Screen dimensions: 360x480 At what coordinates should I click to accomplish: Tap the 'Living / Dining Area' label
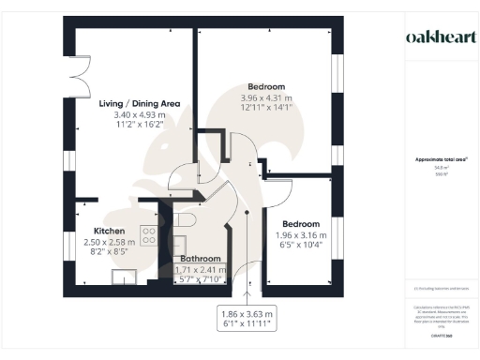140,103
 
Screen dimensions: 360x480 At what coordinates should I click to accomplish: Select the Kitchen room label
110,230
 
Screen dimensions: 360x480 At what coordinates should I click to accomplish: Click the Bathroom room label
201,259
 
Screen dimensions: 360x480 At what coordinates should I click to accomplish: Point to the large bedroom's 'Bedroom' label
265,86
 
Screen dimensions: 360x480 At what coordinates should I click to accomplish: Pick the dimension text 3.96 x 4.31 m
265,97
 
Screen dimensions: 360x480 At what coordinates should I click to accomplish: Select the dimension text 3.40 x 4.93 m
140,114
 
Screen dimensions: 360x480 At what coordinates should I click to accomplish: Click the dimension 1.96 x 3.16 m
303,235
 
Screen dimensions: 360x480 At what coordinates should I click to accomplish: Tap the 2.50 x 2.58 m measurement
110,241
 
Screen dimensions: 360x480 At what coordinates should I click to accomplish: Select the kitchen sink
123,276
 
